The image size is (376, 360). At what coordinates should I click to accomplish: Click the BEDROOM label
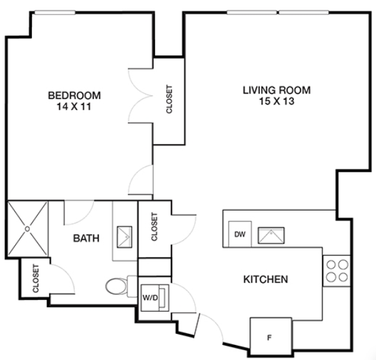74,95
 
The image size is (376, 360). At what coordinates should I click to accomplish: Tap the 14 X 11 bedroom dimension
74,106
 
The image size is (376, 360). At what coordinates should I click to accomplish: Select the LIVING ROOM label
277,90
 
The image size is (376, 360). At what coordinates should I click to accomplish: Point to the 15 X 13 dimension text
276,101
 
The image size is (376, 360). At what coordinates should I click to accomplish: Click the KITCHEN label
266,279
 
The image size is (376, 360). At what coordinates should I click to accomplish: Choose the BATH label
86,238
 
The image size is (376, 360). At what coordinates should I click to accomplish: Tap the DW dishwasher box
240,234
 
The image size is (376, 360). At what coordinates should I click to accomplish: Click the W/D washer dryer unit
155,298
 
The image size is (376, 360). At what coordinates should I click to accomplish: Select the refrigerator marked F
271,335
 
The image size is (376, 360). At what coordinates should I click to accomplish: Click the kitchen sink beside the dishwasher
271,235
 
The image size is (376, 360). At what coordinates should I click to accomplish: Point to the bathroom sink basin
124,237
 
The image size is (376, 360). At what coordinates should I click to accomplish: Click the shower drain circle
27,229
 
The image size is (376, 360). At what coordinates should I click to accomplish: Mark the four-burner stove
338,271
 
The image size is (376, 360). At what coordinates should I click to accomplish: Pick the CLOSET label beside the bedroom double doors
169,99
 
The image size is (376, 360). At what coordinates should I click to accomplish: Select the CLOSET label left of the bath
35,278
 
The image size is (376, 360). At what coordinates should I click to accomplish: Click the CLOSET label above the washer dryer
154,226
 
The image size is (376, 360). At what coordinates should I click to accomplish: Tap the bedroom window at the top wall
55,12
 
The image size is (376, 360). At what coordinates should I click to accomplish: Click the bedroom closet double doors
141,96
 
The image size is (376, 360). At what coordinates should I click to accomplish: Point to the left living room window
252,12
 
